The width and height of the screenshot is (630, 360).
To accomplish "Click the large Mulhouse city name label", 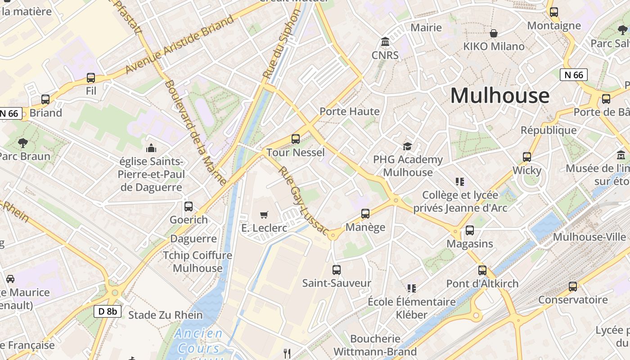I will tap(499, 96).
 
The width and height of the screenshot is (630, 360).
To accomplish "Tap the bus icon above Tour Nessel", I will tap(296, 139).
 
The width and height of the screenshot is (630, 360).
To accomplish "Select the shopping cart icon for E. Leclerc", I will tap(264, 215).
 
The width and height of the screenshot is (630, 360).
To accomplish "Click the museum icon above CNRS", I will tap(385, 42).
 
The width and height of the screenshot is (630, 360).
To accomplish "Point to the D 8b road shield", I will tap(108, 311).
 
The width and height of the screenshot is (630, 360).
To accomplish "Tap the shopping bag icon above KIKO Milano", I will tap(494, 33).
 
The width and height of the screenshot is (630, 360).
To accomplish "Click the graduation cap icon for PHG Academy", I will tap(408, 146).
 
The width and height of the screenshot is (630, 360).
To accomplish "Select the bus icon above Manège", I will tap(365, 214).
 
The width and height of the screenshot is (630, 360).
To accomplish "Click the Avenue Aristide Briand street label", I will tap(180, 44).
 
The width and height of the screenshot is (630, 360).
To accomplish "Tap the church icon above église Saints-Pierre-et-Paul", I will tap(151, 148).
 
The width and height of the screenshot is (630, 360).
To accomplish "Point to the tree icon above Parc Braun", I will tap(22, 143).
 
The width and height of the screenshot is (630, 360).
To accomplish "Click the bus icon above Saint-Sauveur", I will tap(337, 270).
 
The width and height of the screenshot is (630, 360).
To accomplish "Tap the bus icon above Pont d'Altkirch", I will tap(482, 270).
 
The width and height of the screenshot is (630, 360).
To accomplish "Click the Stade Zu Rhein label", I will tap(166, 315).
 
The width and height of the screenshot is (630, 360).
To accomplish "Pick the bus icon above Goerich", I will tap(189, 207).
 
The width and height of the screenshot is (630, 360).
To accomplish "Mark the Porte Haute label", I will tap(350, 111).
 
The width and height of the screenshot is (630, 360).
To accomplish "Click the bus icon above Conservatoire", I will tap(573, 286).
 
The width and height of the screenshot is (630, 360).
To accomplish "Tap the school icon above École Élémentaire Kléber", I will tap(411, 288).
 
